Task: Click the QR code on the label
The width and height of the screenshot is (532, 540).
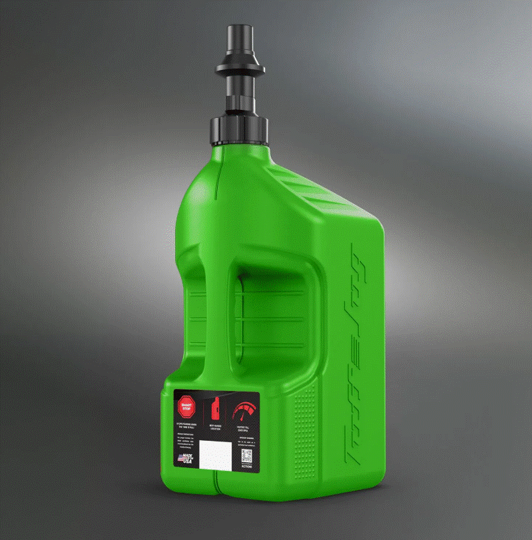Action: pyautogui.click(x=246, y=455)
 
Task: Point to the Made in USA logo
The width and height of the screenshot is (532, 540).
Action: pyautogui.click(x=186, y=459)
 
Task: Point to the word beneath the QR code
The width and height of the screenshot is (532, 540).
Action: pyautogui.click(x=246, y=467)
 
